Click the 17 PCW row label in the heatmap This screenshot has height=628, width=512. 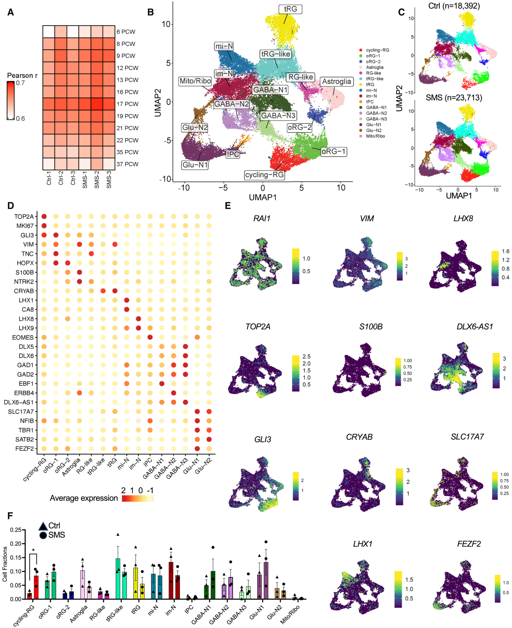tap(127, 104)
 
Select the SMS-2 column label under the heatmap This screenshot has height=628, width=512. tap(97, 180)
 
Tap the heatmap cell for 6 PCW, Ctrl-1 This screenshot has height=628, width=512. tap(49, 32)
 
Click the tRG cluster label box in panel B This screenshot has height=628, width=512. tap(290, 9)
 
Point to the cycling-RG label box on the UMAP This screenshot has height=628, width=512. tap(264, 175)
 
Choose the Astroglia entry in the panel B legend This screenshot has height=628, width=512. tap(374, 67)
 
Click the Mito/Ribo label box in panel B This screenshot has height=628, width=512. tap(195, 81)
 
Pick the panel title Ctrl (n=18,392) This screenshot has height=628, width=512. tap(454, 6)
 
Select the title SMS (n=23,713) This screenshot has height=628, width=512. tap(454, 98)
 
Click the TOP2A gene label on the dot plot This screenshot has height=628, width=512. tap(24, 216)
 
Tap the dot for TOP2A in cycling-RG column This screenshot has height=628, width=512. tap(44, 216)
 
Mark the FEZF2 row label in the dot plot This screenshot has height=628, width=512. tap(24, 448)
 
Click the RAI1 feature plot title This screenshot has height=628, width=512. tap(262, 219)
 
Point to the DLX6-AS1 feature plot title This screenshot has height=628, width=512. tap(475, 327)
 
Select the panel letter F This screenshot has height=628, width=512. tap(10, 515)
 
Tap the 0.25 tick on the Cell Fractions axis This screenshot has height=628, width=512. tap(16, 530)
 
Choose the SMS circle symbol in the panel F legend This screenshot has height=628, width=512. tap(43, 535)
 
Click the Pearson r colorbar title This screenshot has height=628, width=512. tap(22, 75)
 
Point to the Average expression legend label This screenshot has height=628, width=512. tap(84, 498)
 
